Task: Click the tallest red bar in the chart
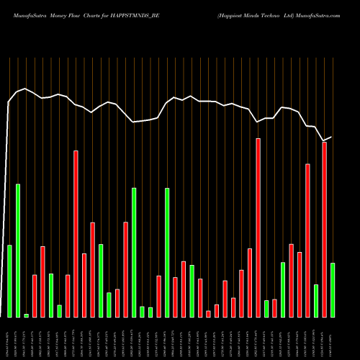tap(258, 228)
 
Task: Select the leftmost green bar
tap(9, 281)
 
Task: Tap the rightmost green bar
tap(333, 289)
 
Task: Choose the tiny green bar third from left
tap(26, 315)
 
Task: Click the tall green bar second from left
tap(18, 251)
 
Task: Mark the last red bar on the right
tap(325, 229)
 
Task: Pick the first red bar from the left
tap(35, 296)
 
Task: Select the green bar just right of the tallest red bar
tap(266, 308)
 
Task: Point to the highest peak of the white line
tap(26, 89)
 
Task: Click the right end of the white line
tap(331, 136)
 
